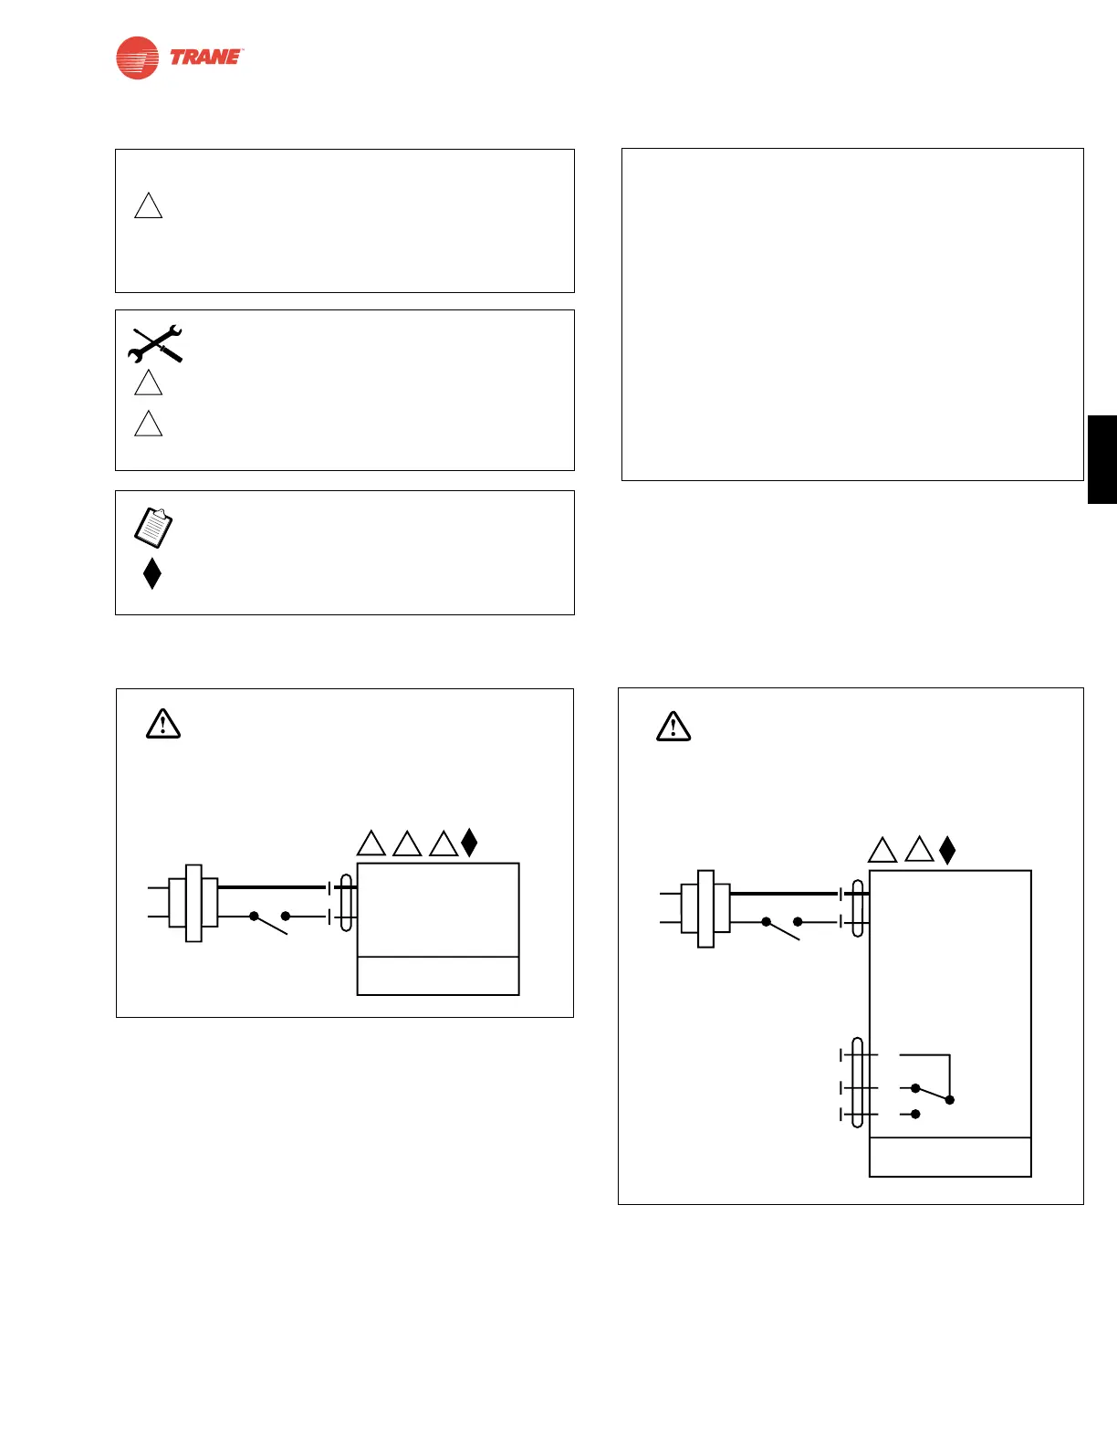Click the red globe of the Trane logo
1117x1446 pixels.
pyautogui.click(x=137, y=58)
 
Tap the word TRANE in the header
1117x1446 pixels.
pyautogui.click(x=206, y=58)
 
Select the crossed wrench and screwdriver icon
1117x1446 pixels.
pyautogui.click(x=155, y=344)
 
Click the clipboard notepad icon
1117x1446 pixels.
pyautogui.click(x=153, y=528)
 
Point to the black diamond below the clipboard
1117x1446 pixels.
pyautogui.click(x=152, y=573)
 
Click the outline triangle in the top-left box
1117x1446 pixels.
pyautogui.click(x=149, y=206)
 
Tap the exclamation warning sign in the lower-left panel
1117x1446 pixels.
pyautogui.click(x=163, y=724)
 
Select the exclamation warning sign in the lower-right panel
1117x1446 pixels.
pyautogui.click(x=673, y=727)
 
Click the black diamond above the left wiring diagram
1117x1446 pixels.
pyautogui.click(x=469, y=843)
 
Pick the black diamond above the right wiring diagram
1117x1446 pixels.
pyautogui.click(x=947, y=850)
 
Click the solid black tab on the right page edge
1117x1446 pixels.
pyautogui.click(x=1101, y=459)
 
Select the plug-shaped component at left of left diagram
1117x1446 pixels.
pyautogui.click(x=193, y=903)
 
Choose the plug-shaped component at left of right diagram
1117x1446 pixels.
pyautogui.click(x=705, y=909)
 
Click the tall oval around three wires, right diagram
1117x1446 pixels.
pyautogui.click(x=857, y=1082)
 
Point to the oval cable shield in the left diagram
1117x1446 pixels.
pyautogui.click(x=346, y=903)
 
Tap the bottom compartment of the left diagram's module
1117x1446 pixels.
pyautogui.click(x=438, y=976)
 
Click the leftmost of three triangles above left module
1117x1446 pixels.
pyautogui.click(x=371, y=844)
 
